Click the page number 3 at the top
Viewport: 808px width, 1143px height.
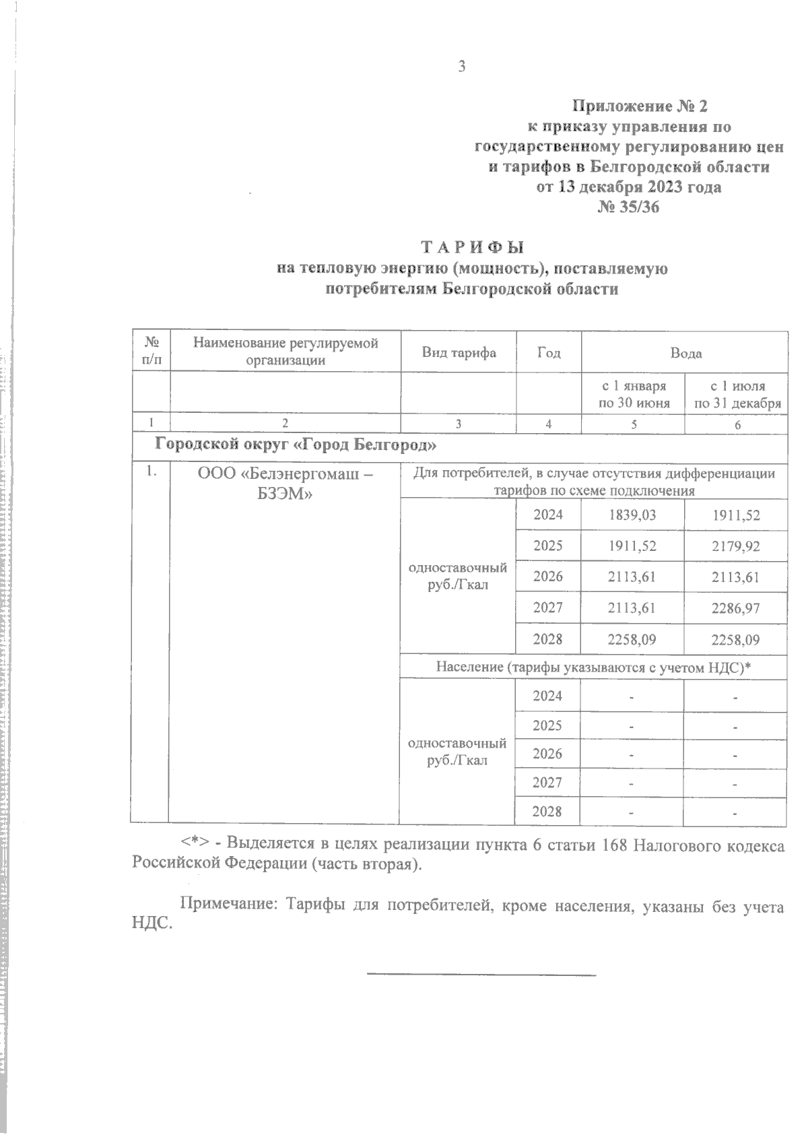461,67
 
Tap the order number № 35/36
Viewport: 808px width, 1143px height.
628,207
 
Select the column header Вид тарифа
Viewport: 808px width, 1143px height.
459,352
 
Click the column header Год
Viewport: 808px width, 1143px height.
549,352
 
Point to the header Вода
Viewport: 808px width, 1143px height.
685,352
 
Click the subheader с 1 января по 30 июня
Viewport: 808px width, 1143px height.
634,395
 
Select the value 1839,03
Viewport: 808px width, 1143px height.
632,515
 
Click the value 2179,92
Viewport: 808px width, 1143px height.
735,546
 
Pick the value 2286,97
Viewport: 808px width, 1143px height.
735,608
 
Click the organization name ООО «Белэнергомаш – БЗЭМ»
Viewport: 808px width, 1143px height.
285,484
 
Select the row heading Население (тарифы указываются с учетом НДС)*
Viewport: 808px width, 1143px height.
593,667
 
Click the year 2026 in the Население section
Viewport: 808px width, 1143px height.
547,753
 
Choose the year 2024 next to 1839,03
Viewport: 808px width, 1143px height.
547,515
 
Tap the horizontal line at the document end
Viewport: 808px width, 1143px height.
481,974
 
